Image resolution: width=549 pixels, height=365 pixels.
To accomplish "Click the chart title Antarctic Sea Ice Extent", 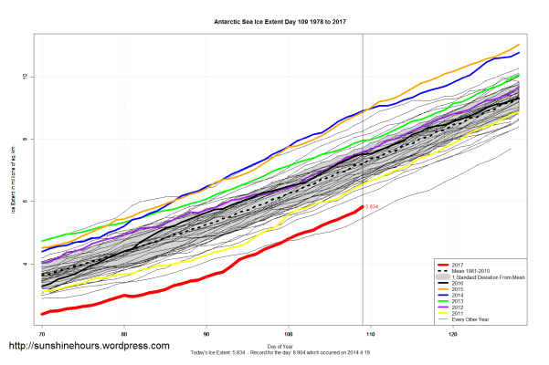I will coord(274,20).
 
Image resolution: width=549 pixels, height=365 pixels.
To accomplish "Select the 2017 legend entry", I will coord(461,264).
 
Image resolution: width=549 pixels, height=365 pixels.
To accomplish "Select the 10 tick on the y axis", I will coord(25,77).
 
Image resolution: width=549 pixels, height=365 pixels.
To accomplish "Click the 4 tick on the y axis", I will coord(25,264).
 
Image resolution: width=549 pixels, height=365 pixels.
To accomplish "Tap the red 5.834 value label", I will coord(372,208).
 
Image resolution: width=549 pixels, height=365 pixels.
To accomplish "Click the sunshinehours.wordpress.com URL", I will coord(89,346).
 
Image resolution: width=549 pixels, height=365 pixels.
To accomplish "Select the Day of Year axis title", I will coord(274,345).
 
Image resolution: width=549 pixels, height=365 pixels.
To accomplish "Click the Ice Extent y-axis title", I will coord(13,180).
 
